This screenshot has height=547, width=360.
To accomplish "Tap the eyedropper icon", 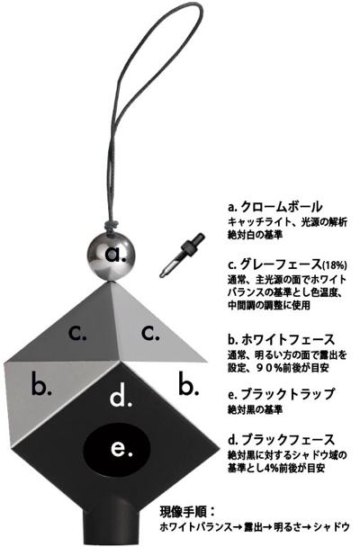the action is click(182, 255).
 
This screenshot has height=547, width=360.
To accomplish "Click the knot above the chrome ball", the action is click(112, 224).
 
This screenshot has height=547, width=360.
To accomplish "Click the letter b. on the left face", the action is click(41, 384).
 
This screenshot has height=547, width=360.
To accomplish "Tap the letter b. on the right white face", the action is click(189, 384).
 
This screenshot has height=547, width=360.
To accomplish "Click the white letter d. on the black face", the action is click(121, 397).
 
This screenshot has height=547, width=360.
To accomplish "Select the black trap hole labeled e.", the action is click(116, 449).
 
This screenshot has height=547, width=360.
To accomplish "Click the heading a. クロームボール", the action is click(274, 207).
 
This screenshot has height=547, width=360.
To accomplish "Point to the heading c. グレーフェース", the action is click(287, 265).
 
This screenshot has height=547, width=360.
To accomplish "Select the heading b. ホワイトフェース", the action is click(281, 339).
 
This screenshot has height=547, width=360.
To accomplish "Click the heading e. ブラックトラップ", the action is click(281, 394).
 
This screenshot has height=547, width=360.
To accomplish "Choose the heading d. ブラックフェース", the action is click(281, 440).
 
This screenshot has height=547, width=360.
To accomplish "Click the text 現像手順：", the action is click(186, 512).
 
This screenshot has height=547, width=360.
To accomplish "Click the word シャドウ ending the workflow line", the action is click(331, 526).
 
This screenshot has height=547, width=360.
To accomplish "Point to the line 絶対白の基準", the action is click(255, 235).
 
